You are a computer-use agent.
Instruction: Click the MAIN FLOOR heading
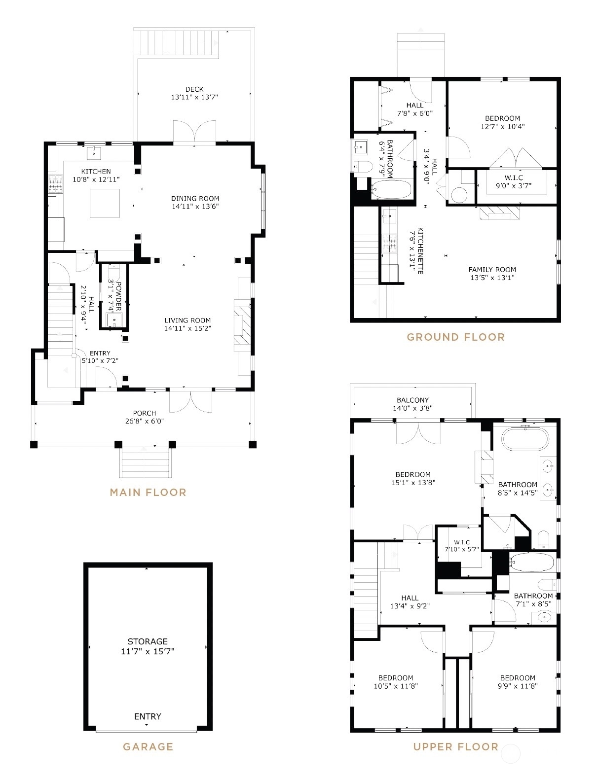tap(148, 493)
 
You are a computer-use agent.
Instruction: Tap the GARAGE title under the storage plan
tap(148, 746)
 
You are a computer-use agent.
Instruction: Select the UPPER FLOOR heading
tap(455, 746)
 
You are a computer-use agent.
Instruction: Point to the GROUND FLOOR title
tap(455, 337)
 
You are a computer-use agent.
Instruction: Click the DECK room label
tap(194, 89)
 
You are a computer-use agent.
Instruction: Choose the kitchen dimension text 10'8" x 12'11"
tap(96, 179)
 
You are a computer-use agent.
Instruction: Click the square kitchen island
tap(105, 203)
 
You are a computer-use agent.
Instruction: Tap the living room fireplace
tap(243, 326)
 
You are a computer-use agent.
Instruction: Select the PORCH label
tap(144, 413)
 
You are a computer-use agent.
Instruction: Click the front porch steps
tap(145, 462)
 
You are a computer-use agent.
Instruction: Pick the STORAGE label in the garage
tap(148, 641)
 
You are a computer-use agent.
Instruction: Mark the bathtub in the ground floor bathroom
tap(391, 189)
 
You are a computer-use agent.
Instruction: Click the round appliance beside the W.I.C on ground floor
tap(459, 195)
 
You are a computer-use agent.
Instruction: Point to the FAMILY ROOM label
tap(492, 270)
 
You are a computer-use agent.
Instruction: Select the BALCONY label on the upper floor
tap(412, 400)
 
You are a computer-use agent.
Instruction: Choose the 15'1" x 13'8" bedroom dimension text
tap(413, 482)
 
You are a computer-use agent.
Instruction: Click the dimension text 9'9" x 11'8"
tap(518, 685)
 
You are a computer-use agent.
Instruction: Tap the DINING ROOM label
tap(195, 199)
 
